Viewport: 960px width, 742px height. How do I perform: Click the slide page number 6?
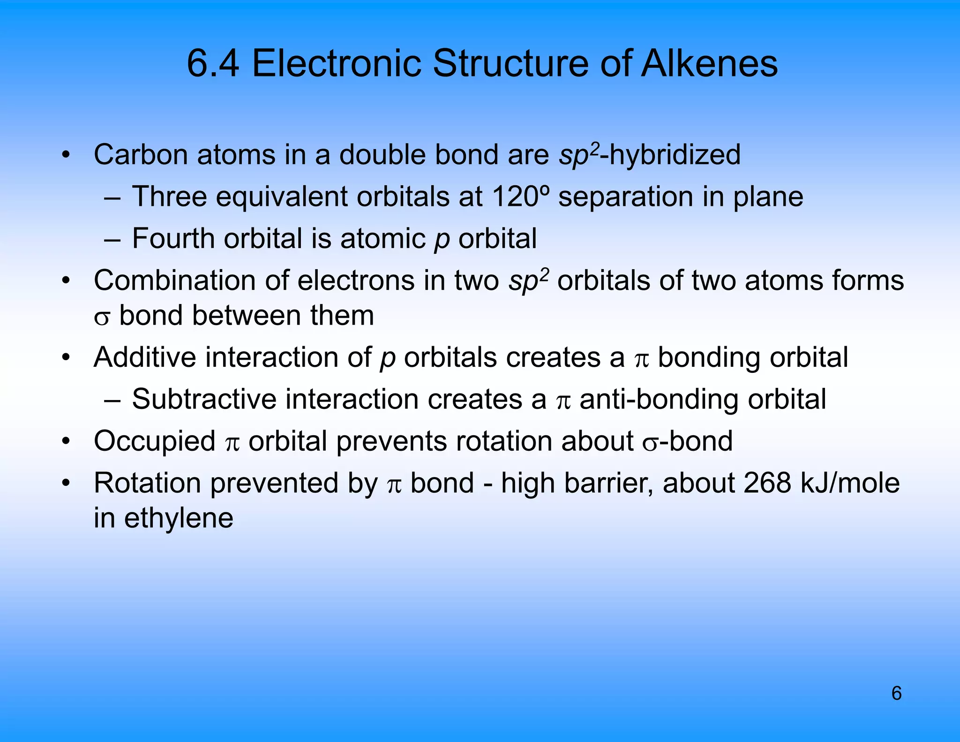point(896,693)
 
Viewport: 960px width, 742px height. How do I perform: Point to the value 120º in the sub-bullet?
point(520,196)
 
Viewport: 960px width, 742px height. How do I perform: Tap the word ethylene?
point(179,519)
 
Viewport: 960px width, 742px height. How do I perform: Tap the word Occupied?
point(154,441)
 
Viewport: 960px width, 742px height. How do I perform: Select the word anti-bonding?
point(659,400)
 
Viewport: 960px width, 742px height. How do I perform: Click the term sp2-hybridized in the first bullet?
point(650,154)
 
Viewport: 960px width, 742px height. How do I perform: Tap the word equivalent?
point(281,196)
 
